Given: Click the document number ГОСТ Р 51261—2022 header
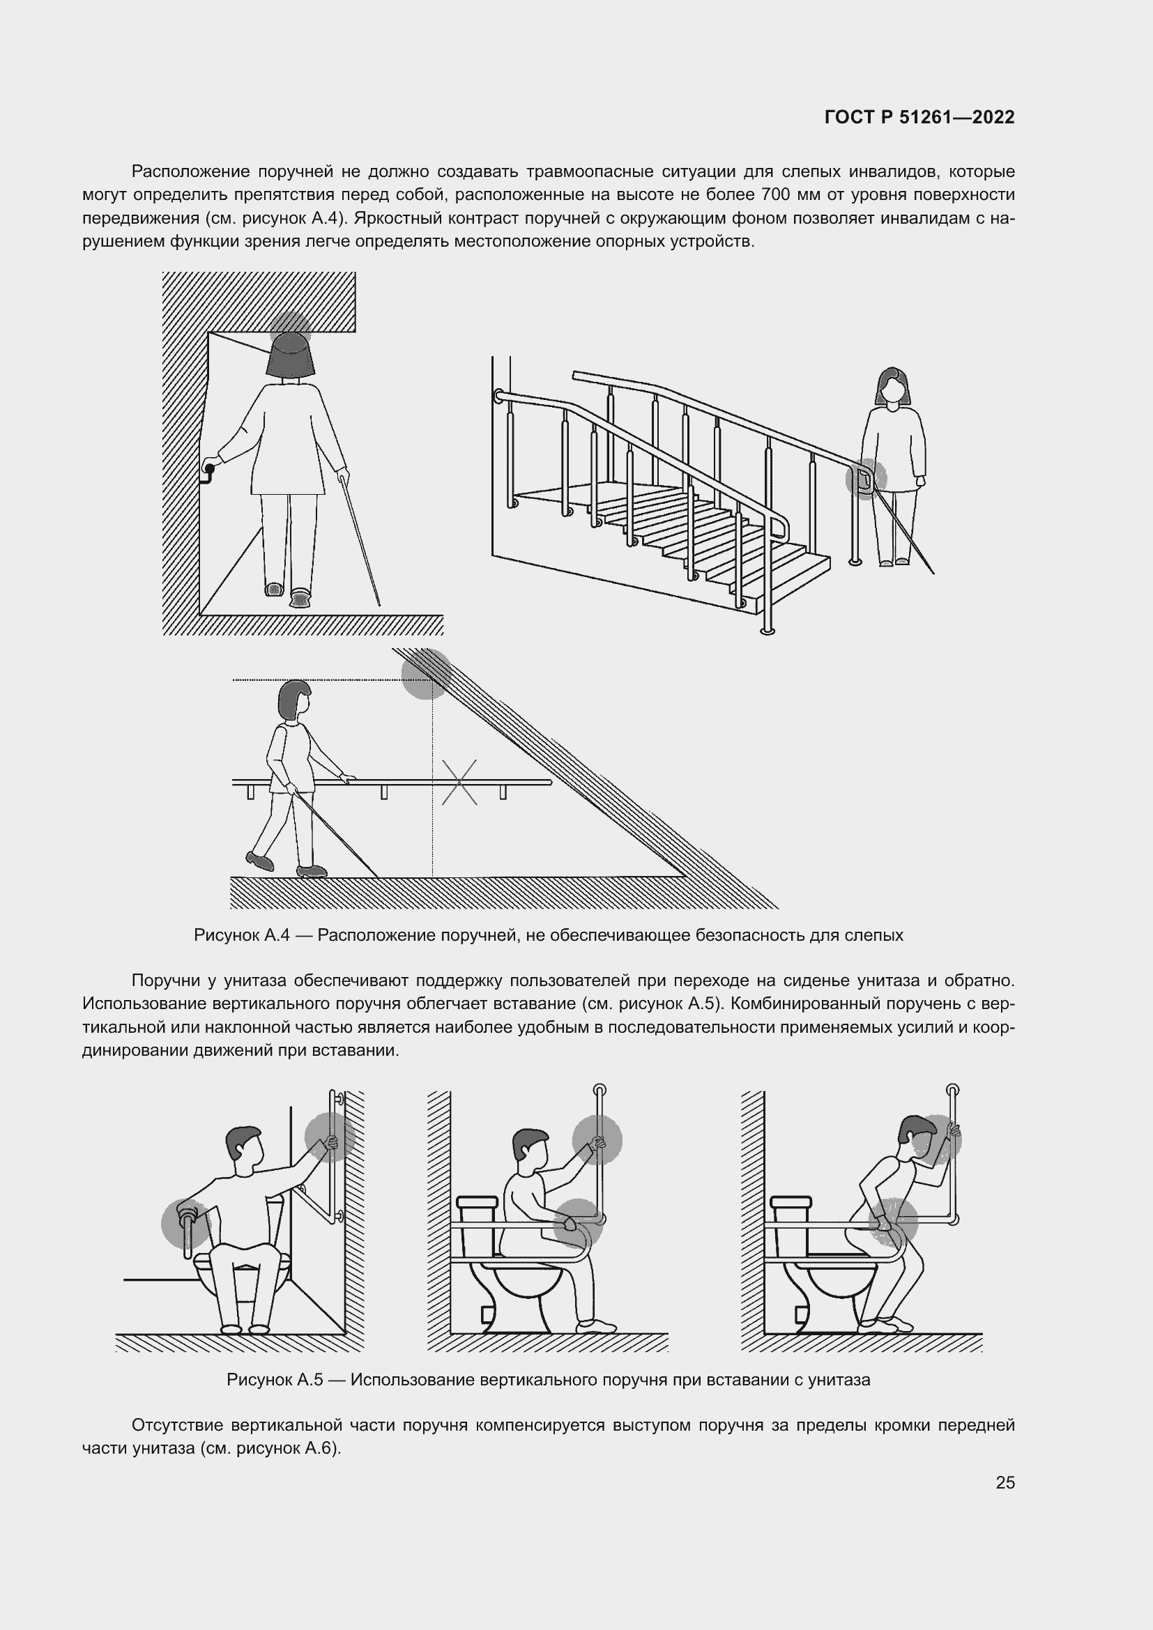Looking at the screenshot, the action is tap(919, 117).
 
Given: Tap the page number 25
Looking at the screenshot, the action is tap(1005, 1482).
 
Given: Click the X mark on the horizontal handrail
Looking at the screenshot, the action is tap(459, 783).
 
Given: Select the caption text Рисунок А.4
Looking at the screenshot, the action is tap(242, 935).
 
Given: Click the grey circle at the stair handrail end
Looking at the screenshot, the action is tap(866, 479).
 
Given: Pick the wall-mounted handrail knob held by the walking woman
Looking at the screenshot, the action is tap(208, 468).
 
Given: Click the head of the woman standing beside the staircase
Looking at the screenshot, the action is tap(894, 386).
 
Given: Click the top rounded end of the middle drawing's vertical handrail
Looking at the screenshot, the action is tap(599, 1089).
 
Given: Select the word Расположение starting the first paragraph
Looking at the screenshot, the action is tap(191, 172).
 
